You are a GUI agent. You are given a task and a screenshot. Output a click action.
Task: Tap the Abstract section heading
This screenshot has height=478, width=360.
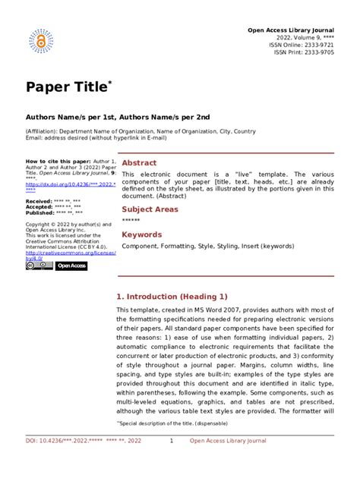[x=140, y=163]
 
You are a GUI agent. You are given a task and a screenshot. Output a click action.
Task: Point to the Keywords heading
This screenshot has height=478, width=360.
[x=142, y=234]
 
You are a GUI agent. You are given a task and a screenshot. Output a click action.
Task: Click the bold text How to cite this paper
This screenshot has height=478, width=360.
[x=56, y=162]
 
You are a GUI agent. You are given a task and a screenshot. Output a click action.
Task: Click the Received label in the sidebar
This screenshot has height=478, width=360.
[x=39, y=202]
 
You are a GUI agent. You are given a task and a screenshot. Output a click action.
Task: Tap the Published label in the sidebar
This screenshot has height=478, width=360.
[x=39, y=214]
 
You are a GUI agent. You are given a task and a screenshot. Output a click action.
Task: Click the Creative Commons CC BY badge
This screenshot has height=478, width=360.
[x=39, y=266]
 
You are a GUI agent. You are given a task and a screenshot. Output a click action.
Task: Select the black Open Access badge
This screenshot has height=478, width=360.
[x=72, y=266]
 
